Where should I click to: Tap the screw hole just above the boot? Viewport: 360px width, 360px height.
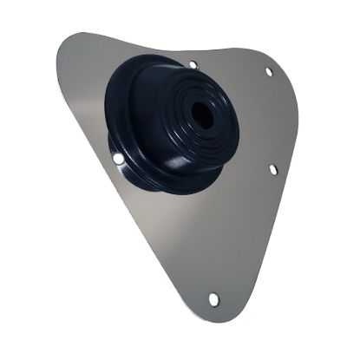(192, 64)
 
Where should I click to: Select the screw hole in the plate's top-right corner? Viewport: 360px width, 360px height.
(268, 72)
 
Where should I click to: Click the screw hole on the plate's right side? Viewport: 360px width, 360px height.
(273, 169)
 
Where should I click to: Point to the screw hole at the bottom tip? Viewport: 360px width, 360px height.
(213, 299)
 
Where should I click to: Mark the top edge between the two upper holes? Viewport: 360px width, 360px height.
(230, 57)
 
